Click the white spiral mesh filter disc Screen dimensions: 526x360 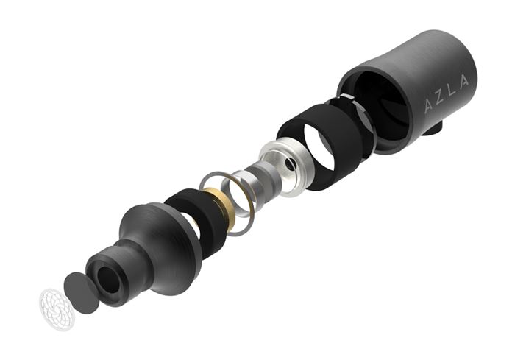[x=57, y=309]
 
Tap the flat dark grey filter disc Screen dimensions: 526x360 [x=81, y=293]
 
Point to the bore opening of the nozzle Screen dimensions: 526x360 [x=109, y=280]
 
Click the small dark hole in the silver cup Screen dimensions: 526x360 [x=290, y=164]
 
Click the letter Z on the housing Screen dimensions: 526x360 [x=439, y=99]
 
